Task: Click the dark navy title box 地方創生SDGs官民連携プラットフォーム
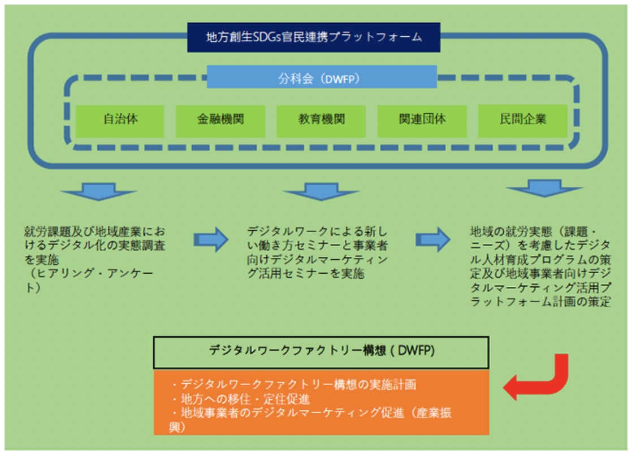(x=314, y=37)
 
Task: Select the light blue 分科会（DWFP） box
(x=322, y=77)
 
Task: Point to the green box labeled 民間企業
(x=523, y=121)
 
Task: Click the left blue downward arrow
(x=99, y=192)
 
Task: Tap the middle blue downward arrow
(x=321, y=192)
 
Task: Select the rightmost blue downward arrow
(x=544, y=189)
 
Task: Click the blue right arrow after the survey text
(x=211, y=239)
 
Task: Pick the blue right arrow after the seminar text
(x=433, y=239)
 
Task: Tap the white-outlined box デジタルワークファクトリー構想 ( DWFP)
(x=321, y=352)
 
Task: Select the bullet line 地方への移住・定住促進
(x=241, y=399)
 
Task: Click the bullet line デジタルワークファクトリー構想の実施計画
(x=294, y=384)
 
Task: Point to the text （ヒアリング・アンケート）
(x=89, y=280)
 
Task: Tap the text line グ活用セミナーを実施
(x=306, y=274)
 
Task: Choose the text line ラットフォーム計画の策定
(x=540, y=301)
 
